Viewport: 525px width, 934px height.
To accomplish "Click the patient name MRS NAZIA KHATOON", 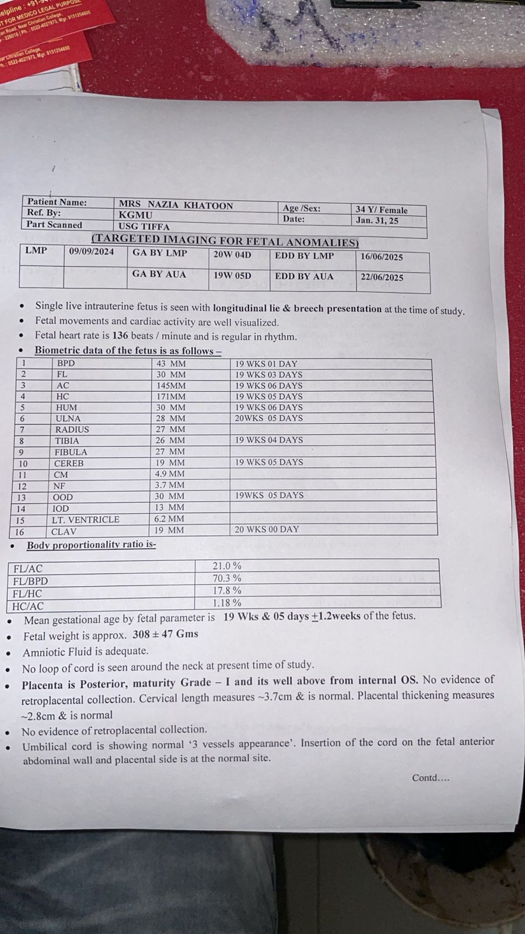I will tap(176, 205).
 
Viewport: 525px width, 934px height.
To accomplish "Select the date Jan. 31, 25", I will tap(377, 221).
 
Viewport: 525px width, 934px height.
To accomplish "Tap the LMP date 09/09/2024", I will tap(92, 252).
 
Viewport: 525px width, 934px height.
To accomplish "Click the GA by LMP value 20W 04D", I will tap(232, 255).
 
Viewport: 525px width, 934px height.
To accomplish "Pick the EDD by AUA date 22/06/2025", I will tap(381, 277).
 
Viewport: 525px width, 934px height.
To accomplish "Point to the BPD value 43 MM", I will tap(170, 363).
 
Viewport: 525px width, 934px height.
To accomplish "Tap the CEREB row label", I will tap(69, 463).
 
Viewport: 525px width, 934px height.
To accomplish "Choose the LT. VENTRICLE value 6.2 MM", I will tap(169, 518).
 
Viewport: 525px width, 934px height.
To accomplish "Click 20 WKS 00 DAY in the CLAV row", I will tap(267, 529).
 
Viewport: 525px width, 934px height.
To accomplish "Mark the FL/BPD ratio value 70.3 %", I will tap(227, 578).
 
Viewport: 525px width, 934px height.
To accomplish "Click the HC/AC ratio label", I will tap(28, 606).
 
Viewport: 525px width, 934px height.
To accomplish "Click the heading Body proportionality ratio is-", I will tap(91, 545).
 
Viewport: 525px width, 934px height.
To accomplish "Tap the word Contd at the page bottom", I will tap(425, 778).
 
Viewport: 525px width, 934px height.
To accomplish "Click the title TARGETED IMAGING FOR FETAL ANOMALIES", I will tap(225, 241).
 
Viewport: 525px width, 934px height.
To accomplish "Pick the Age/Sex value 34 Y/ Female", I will tap(381, 210).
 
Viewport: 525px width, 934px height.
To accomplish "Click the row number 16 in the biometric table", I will tap(20, 532).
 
